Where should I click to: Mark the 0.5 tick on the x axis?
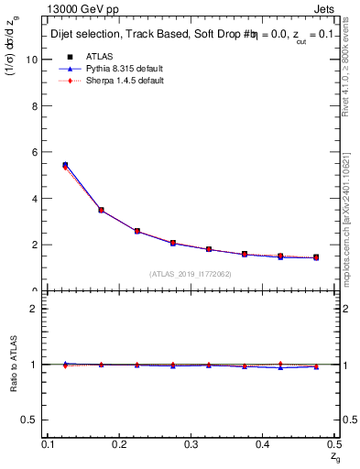(333, 444)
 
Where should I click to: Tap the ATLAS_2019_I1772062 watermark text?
(190, 273)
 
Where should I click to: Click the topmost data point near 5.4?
(65, 165)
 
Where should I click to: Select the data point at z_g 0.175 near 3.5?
(101, 210)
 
